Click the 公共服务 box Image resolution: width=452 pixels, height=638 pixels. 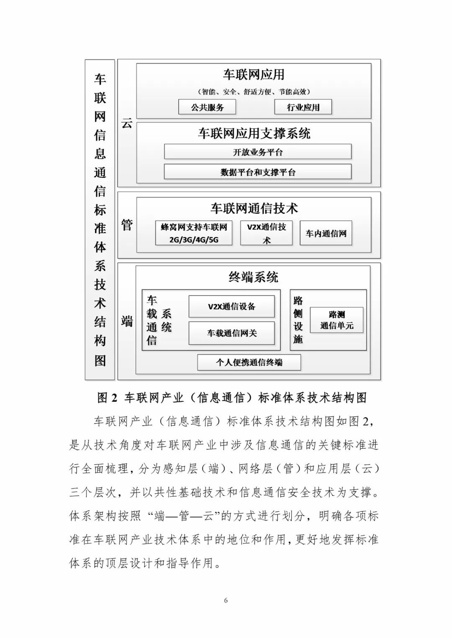[207, 107]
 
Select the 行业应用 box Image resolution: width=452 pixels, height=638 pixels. [303, 107]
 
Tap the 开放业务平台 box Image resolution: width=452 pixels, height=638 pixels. [257, 152]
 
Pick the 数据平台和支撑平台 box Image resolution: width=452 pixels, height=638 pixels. [257, 172]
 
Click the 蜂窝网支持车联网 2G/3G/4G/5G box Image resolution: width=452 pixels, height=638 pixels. [194, 233]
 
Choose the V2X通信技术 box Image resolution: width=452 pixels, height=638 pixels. [266, 233]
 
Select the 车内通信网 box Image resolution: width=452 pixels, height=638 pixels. [326, 233]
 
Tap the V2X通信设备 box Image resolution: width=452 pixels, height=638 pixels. [231, 306]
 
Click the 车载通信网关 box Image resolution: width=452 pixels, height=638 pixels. [231, 333]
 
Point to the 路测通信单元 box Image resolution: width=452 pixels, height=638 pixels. [336, 320]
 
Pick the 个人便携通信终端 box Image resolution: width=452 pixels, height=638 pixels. [249, 362]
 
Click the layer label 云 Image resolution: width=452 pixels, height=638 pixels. [127, 123]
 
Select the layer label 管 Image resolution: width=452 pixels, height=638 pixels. [127, 225]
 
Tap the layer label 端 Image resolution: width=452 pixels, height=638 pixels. [127, 321]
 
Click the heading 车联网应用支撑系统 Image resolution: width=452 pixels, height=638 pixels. [254, 133]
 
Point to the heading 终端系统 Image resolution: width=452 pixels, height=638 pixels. [253, 277]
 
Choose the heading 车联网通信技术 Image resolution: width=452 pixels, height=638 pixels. [254, 208]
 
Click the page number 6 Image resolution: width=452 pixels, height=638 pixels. [226, 601]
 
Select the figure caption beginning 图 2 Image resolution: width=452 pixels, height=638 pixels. [232, 398]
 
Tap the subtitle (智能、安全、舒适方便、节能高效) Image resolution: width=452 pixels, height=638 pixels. [254, 92]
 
